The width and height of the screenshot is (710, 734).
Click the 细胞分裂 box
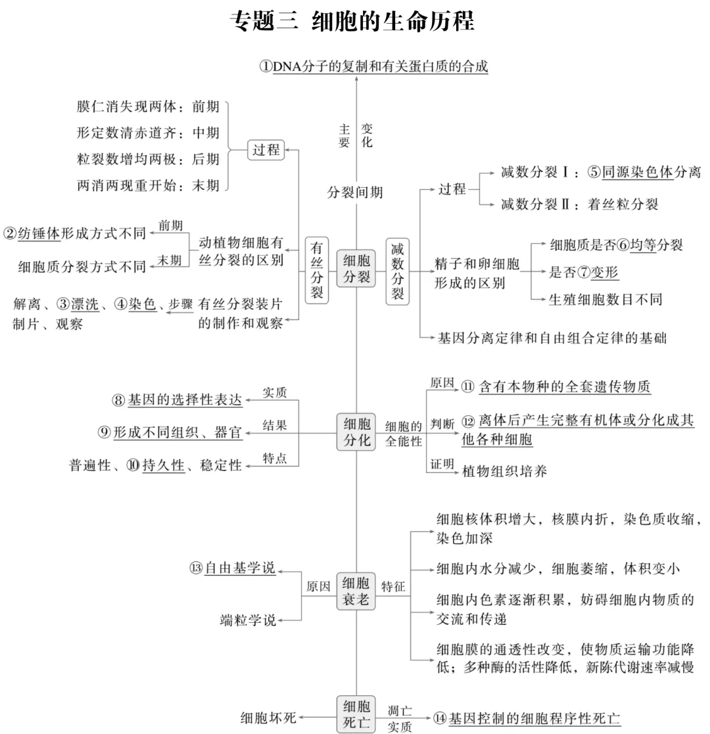tap(356, 269)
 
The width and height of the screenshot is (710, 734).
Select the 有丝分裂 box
tap(317, 269)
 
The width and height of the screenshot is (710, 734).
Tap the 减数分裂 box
tap(397, 269)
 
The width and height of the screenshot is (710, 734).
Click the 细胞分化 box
tap(356, 432)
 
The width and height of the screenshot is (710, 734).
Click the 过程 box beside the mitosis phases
tap(266, 150)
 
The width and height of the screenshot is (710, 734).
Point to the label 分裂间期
tap(355, 193)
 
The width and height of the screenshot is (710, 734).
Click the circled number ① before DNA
tap(266, 67)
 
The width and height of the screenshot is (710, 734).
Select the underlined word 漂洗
tap(85, 304)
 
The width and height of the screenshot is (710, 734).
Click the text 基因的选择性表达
tap(185, 400)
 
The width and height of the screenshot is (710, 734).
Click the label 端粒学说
tap(248, 620)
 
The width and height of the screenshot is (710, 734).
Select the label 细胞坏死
tap(268, 717)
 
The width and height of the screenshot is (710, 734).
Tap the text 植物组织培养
tap(505, 471)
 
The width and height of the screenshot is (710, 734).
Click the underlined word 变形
tap(605, 271)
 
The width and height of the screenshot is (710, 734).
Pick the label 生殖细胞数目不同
tap(605, 300)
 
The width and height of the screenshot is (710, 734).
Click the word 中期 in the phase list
tap(205, 133)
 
